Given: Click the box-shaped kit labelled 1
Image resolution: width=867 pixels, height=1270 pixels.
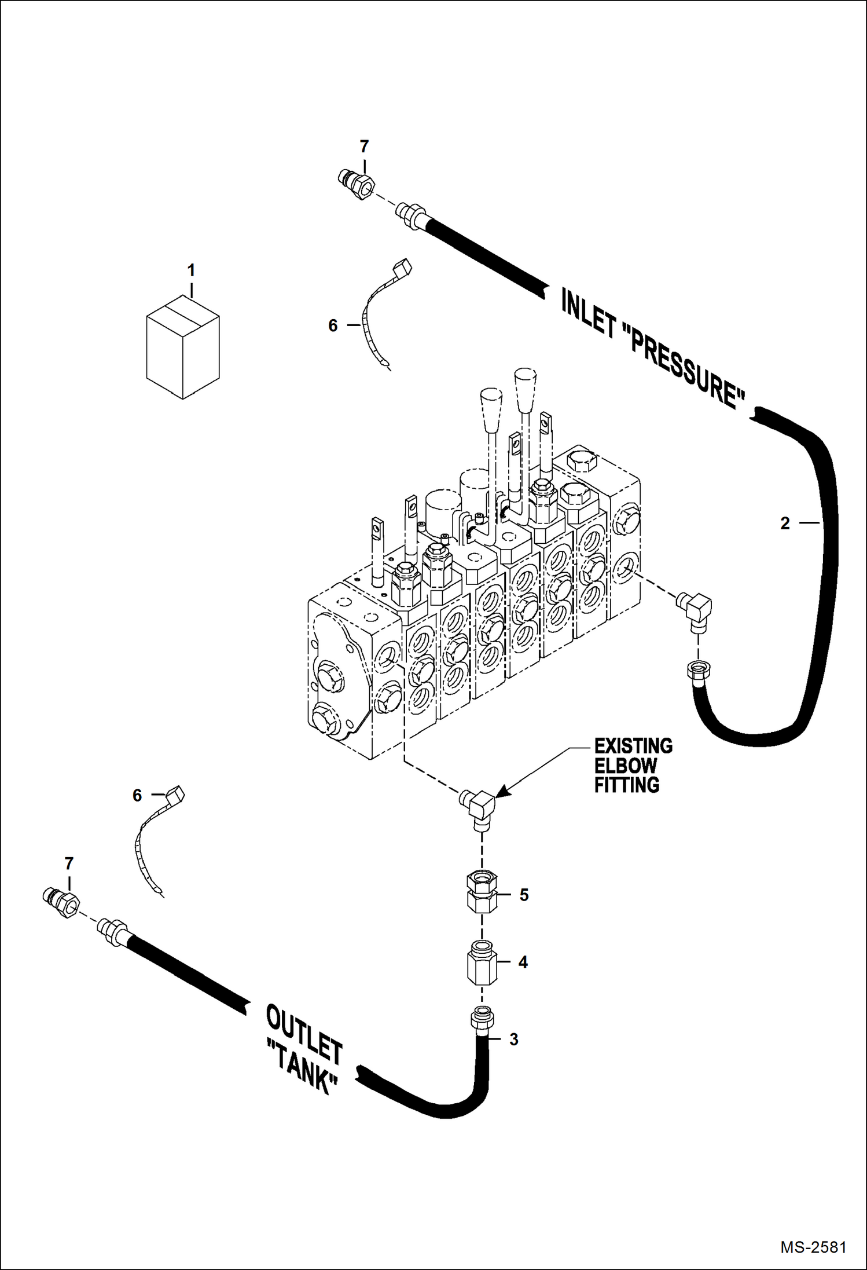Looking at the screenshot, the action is click(x=183, y=347).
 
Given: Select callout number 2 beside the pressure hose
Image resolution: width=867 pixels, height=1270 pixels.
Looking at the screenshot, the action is click(x=785, y=523).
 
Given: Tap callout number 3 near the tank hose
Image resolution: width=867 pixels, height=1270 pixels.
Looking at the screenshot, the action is click(x=513, y=1040).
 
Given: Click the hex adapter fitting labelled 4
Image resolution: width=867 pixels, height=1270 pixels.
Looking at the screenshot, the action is click(x=482, y=962).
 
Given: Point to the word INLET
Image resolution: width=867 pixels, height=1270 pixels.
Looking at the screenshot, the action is click(x=587, y=313).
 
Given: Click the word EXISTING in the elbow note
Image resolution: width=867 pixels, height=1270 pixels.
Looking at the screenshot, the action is click(x=634, y=746).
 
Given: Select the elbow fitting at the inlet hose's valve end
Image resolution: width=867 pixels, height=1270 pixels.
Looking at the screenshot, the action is click(x=695, y=612).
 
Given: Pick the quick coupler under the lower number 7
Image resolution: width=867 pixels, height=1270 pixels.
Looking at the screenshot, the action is click(x=61, y=902).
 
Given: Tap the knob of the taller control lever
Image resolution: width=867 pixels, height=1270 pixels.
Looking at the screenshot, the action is click(x=524, y=389).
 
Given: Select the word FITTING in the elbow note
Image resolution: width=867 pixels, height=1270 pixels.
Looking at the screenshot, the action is click(x=627, y=785).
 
